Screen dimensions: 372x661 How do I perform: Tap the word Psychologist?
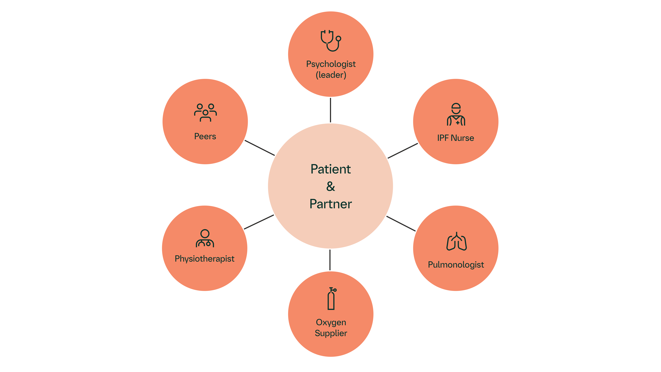click(331, 64)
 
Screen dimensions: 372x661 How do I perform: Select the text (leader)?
click(331, 75)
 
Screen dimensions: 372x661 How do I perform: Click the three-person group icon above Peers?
click(205, 112)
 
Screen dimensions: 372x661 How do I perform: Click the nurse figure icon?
click(456, 114)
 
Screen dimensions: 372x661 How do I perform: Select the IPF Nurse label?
click(456, 138)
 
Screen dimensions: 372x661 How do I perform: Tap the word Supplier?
click(331, 333)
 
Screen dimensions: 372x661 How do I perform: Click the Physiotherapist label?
click(205, 259)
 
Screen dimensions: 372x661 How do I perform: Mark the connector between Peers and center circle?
click(260, 148)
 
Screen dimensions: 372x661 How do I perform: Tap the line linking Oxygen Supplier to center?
click(330, 260)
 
